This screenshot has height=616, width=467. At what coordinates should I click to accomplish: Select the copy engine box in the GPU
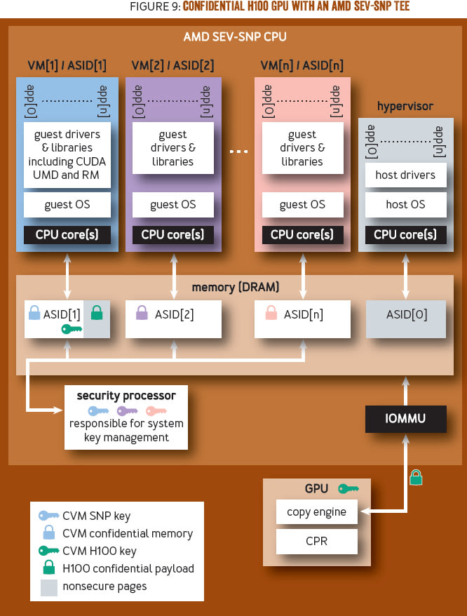tap(316, 512)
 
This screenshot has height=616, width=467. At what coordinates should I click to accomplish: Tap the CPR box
tap(316, 542)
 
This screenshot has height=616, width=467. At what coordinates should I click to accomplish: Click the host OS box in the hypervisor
tap(405, 205)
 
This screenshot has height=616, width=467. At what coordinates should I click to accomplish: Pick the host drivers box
tap(405, 175)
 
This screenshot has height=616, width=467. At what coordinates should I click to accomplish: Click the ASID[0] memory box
tap(406, 315)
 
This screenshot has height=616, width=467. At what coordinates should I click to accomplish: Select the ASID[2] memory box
tap(173, 315)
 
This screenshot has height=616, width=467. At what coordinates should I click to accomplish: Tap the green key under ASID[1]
tap(72, 328)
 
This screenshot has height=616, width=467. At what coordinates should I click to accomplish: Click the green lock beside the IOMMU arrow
tap(416, 478)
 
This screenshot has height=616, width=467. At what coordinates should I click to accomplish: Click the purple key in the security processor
tap(128, 411)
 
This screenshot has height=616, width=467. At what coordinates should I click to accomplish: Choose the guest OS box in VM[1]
tap(67, 205)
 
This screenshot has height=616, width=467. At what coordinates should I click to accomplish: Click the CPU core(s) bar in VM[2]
tap(172, 234)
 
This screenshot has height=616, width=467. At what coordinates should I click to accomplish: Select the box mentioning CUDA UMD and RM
tap(67, 154)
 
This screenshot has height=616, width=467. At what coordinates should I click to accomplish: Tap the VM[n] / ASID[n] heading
tap(302, 65)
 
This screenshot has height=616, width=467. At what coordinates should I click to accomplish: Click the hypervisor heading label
tap(405, 106)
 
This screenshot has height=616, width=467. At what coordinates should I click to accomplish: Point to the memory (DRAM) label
tap(235, 287)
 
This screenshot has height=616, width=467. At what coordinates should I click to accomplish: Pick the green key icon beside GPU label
tap(348, 488)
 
